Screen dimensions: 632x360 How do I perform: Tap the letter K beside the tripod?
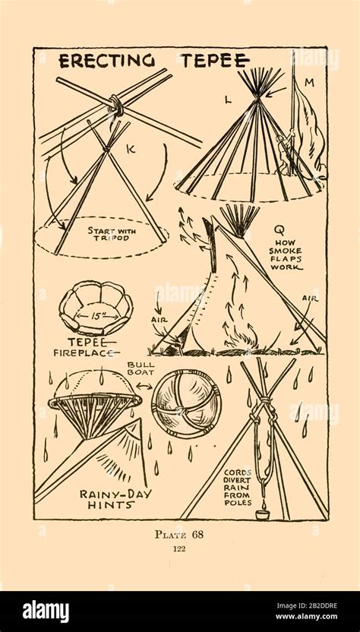coord(130,150)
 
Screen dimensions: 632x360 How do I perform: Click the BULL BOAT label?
coord(141,369)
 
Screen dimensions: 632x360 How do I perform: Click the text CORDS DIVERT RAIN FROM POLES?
coord(237,490)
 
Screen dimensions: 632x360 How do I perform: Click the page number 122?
coord(180,549)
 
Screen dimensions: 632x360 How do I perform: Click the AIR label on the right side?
coord(309,299)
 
